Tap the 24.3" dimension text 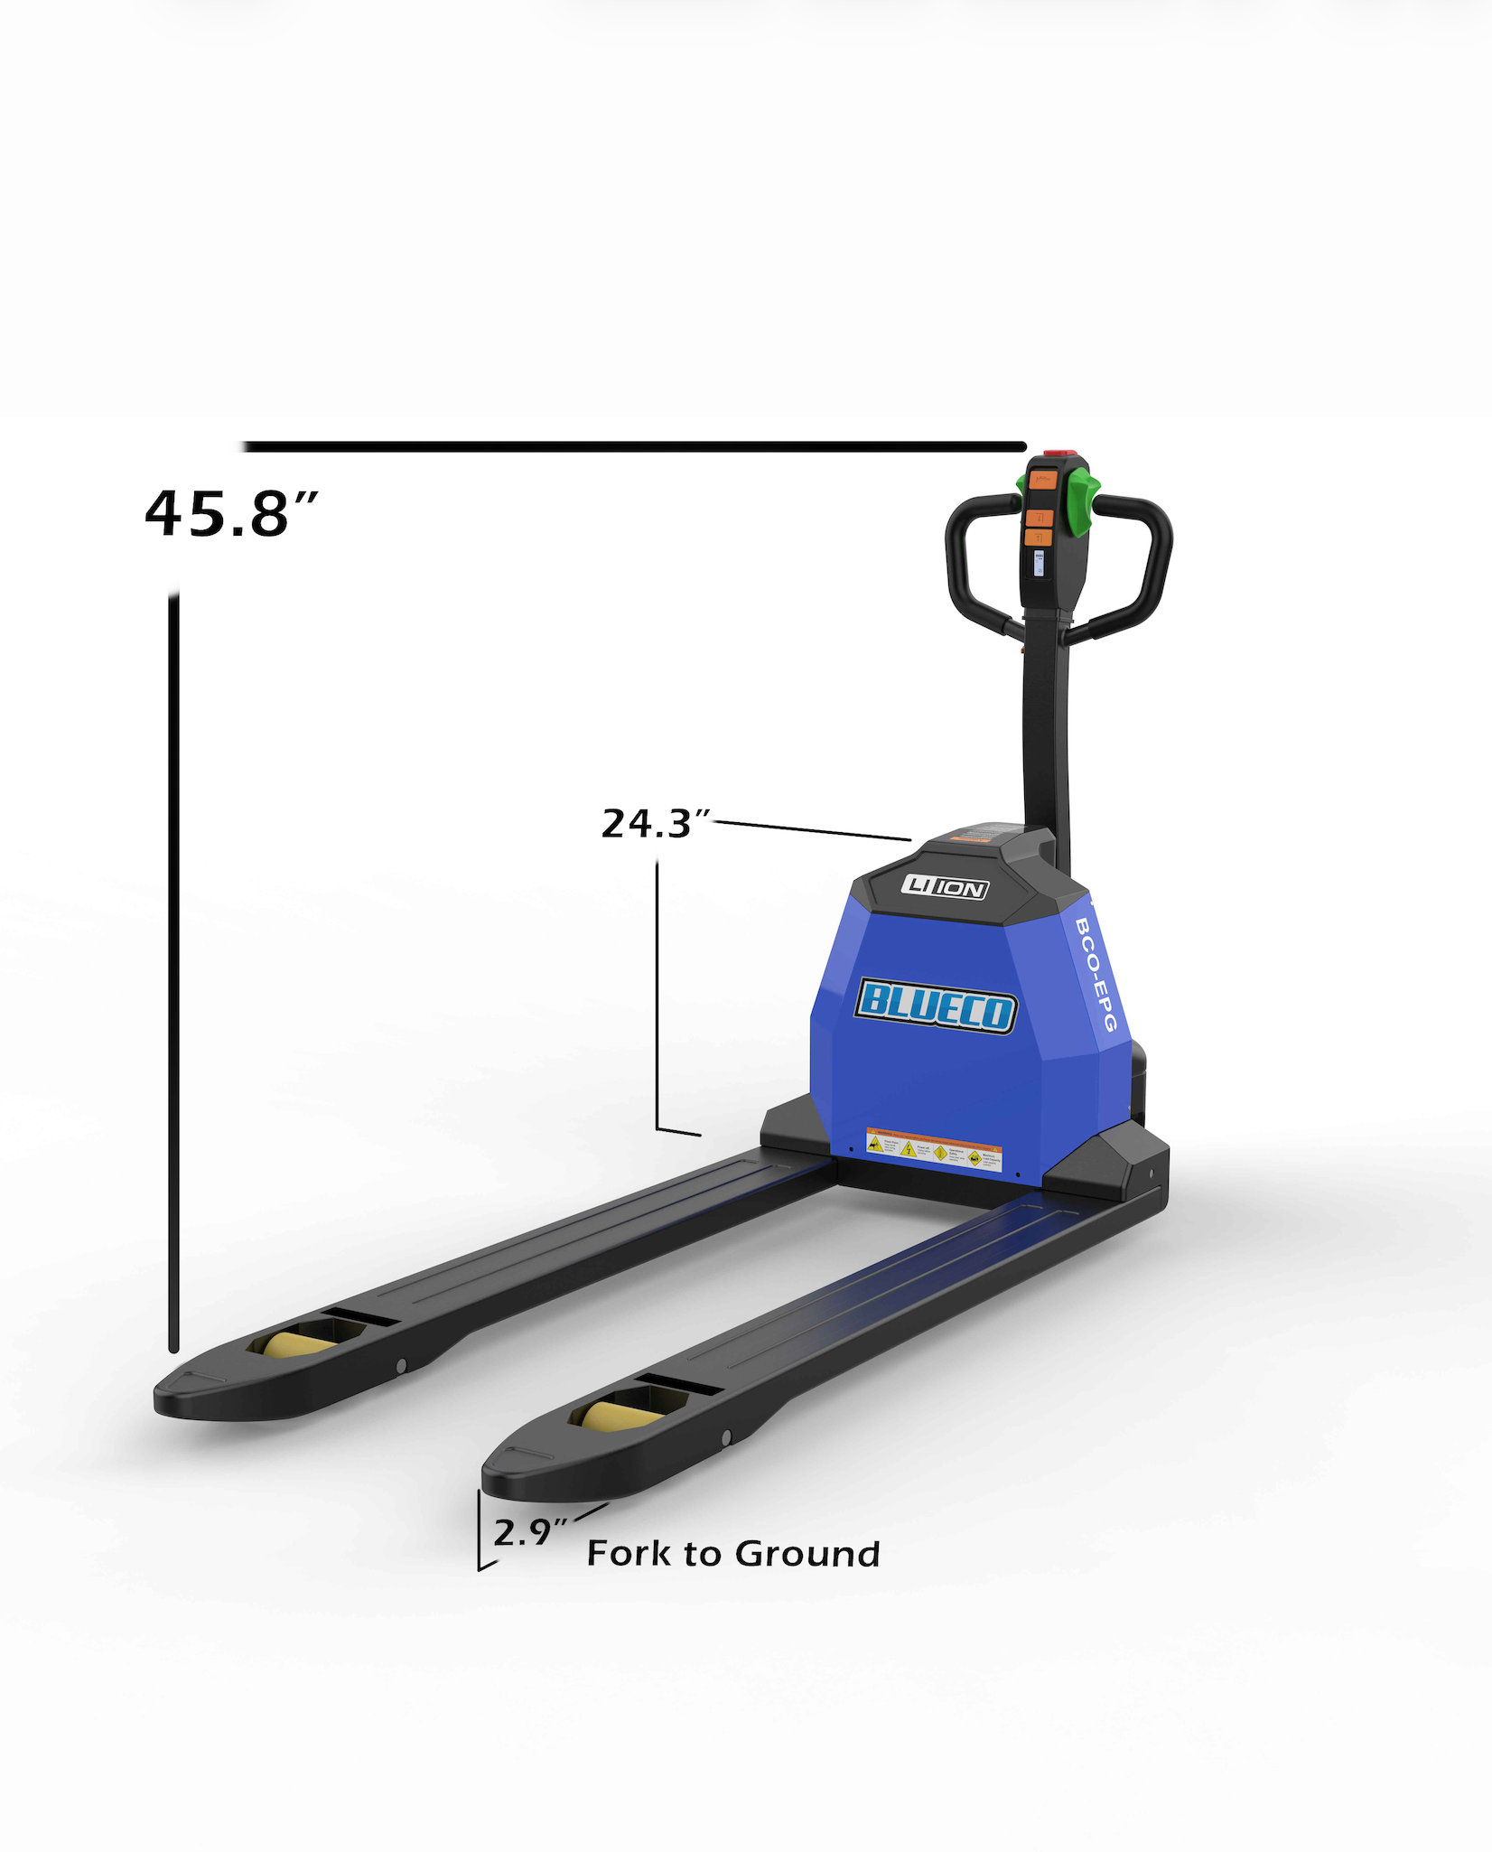(x=656, y=823)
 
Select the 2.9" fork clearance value (x=530, y=1532)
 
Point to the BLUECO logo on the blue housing (x=936, y=1005)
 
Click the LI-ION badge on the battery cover (x=945, y=887)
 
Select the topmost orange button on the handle (x=1043, y=480)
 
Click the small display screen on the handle (x=1039, y=564)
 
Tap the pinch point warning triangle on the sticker (x=875, y=1144)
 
